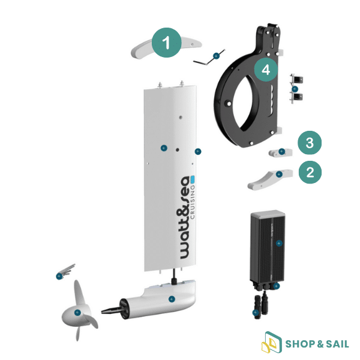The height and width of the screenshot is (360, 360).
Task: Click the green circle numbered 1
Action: point(166,43)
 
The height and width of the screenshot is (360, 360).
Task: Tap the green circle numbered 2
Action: point(310,172)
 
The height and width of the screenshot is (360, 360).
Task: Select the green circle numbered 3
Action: point(310,143)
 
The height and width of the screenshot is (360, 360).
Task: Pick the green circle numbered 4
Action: point(266,70)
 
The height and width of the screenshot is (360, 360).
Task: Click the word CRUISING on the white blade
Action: point(193,202)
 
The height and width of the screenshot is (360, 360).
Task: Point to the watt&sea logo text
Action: point(185,217)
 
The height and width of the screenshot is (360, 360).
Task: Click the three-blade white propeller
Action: point(79,310)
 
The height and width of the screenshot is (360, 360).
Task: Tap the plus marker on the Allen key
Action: point(216,56)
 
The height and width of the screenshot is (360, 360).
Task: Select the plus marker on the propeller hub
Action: point(77,313)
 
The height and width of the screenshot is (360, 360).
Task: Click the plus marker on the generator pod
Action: point(172,299)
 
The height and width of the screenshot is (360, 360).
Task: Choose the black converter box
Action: point(268,246)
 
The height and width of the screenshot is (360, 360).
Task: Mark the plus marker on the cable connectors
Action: point(256,313)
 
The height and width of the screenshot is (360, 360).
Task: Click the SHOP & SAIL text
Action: point(317,344)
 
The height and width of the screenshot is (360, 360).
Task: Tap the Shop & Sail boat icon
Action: point(272,343)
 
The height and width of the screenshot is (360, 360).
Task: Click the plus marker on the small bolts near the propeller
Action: point(59,276)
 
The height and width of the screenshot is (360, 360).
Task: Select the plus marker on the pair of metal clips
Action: point(295,89)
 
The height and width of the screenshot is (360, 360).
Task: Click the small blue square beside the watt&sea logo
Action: point(193,178)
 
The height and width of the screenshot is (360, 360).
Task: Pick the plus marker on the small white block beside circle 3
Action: point(281,151)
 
